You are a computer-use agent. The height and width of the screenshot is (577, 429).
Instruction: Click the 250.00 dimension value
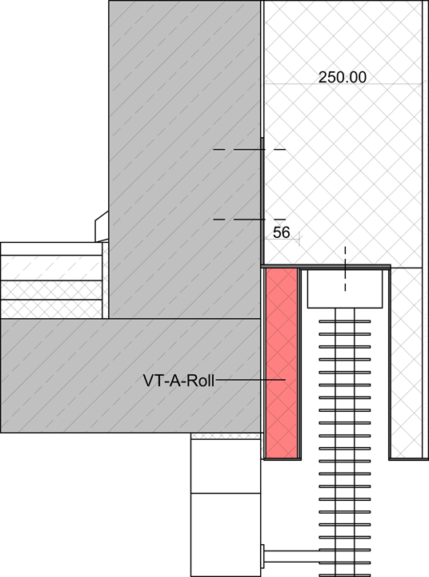[x=343, y=77]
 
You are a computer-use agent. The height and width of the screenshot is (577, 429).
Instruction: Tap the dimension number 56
[x=281, y=232]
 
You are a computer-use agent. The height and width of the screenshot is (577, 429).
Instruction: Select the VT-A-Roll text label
[x=178, y=381]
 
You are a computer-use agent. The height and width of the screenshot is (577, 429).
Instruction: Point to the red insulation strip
[x=281, y=364]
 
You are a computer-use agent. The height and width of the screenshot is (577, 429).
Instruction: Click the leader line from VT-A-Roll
[x=251, y=379]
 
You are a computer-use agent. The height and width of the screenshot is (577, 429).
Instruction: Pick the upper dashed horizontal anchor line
[x=250, y=149]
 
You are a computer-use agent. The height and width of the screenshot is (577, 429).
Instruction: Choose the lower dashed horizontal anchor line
[x=250, y=220]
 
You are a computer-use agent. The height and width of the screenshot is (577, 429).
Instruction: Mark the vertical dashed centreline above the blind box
[x=345, y=268]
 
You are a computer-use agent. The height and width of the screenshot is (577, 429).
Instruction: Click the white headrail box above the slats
[x=345, y=288]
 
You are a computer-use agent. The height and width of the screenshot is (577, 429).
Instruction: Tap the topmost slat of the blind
[x=345, y=321]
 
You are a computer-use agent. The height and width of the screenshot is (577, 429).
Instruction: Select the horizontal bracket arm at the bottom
[x=291, y=554]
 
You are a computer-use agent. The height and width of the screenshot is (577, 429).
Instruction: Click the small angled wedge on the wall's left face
[x=102, y=226]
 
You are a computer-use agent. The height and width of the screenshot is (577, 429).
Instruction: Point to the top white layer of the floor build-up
[x=51, y=248]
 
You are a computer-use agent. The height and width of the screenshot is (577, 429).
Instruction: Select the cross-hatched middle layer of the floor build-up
[x=51, y=290]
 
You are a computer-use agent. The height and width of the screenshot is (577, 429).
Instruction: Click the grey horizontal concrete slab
[x=130, y=375]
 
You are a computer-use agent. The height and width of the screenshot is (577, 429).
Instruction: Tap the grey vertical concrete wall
[x=185, y=159]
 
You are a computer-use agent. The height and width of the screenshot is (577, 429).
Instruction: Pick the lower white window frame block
[x=226, y=535]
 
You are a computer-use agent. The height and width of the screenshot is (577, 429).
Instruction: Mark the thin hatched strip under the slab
[x=226, y=436]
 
